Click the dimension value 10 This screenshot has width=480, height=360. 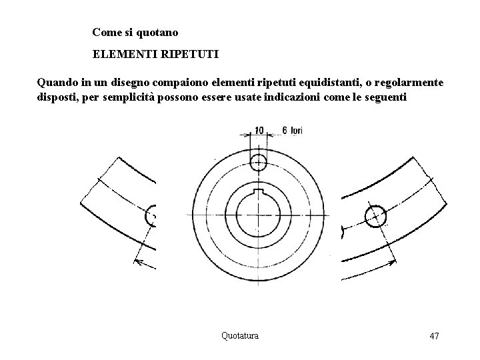[259, 129]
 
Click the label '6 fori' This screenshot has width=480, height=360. [292, 130]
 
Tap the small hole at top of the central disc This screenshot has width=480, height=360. [259, 161]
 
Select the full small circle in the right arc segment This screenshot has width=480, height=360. [375, 215]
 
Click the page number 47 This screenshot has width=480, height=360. [433, 336]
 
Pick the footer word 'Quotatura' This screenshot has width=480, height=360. [239, 335]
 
